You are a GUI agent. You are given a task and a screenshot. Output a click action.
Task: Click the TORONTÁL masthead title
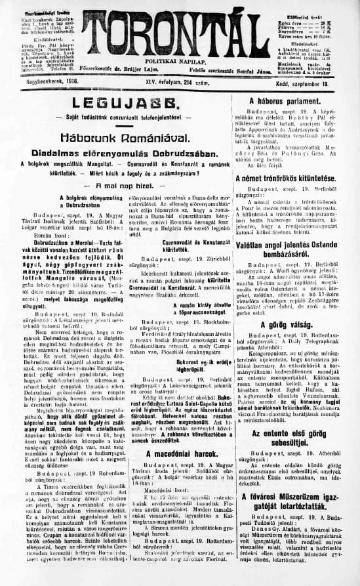pyautogui.click(x=179, y=30)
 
